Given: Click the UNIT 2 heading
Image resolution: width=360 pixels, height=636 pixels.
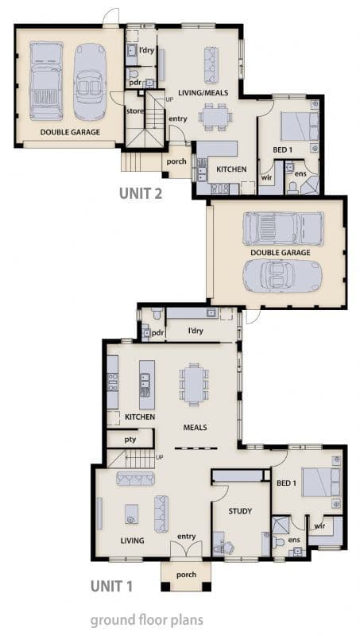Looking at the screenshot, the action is point(141,193).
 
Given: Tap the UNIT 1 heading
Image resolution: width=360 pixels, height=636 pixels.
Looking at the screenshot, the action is point(111,586).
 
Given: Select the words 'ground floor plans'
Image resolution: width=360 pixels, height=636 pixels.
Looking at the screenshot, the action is point(146,621).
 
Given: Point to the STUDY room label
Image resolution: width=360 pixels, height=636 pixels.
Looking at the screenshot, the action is point(240,511).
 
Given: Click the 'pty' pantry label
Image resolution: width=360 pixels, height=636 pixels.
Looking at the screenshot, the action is point(130,440).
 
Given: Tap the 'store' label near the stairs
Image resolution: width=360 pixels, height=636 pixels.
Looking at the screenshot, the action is point(135,111).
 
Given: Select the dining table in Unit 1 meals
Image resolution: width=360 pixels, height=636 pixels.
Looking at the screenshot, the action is point(194,385).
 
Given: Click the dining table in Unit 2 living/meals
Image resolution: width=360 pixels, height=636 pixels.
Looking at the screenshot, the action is point(215,117).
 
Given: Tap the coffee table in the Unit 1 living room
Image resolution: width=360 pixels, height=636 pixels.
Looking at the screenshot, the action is point(132,514).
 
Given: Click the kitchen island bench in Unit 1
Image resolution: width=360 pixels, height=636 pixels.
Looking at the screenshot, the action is point(147,385).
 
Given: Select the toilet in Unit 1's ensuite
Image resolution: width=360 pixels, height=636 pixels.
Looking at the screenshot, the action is point(278,542).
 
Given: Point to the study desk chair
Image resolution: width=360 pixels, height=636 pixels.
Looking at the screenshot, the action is point(228,548).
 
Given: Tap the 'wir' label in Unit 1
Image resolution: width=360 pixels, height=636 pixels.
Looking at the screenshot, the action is point(319,526).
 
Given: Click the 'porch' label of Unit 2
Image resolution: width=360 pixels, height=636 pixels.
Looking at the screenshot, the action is point(176,161).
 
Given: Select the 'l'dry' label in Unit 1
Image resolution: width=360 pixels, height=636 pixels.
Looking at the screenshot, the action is point(195,331).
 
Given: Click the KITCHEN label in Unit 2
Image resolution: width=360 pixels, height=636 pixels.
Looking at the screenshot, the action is point(231,169).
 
